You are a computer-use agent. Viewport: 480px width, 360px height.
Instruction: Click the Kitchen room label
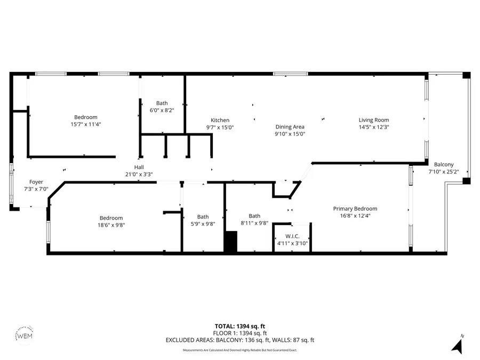coord(220,121)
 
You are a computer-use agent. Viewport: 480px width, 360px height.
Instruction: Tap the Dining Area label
coord(290,127)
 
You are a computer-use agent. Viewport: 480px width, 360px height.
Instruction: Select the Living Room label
coord(373,121)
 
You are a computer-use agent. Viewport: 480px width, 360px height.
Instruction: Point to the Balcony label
coord(444,165)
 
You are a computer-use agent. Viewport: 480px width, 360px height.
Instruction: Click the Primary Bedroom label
coord(355,209)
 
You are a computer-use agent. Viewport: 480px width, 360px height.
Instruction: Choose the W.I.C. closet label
coord(292,236)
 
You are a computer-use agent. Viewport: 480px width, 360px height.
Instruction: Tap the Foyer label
coord(36,182)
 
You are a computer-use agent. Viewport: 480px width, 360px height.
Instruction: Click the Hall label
coord(139,167)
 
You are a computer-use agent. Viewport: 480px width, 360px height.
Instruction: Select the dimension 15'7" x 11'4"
coord(85,124)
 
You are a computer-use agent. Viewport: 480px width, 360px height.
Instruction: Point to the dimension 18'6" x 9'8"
coord(111,225)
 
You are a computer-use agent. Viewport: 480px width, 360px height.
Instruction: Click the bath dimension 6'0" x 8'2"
coord(162,110)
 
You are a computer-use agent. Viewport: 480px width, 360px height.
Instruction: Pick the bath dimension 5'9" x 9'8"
coord(203,224)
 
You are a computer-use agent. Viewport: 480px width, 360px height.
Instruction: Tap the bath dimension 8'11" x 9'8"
coord(254,224)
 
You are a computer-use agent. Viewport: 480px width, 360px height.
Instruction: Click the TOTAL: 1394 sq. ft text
coord(239,325)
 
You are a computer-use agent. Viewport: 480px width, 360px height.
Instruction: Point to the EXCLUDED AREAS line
coord(239,340)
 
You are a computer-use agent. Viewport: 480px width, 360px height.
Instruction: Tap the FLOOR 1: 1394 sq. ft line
coord(239,333)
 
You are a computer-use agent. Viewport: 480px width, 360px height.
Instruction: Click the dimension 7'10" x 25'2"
coord(444,172)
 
